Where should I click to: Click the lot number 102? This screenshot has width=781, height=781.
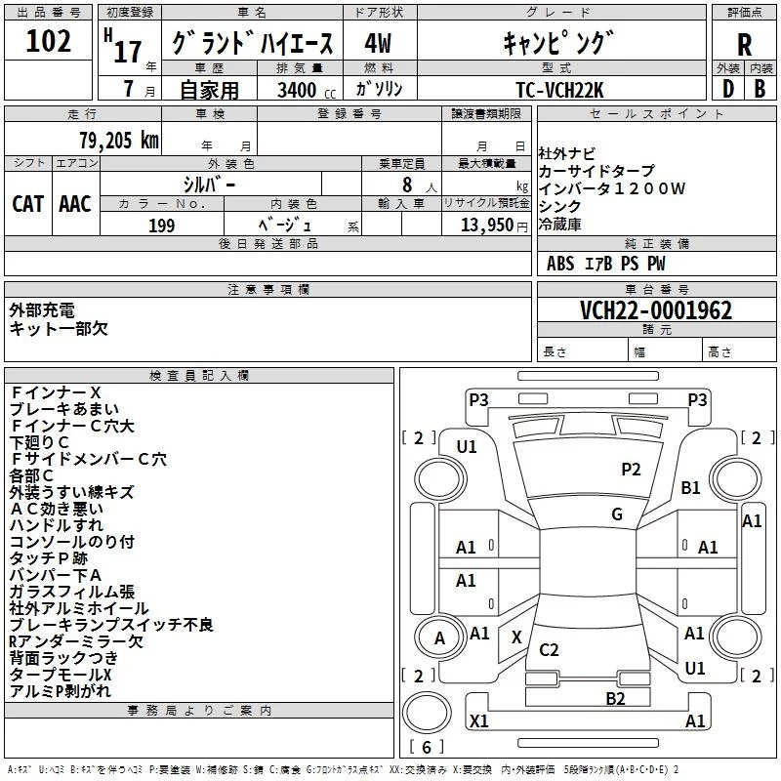point(48,41)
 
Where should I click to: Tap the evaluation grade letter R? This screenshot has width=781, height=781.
point(744,45)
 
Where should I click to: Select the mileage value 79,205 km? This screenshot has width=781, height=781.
point(119,141)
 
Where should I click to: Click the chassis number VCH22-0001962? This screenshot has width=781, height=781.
point(656,310)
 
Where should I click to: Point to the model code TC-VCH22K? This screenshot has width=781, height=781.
point(559,90)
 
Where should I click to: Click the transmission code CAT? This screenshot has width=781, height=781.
point(28,204)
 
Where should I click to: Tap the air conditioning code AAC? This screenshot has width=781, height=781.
point(75,204)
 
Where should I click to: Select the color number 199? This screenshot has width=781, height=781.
point(161,226)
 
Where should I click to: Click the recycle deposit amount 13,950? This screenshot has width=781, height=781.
point(486,226)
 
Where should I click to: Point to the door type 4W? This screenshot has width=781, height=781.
point(378,43)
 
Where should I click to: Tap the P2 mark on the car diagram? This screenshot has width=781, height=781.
point(631,470)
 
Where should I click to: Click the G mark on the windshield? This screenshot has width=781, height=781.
point(617,514)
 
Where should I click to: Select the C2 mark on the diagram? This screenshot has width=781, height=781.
point(549,649)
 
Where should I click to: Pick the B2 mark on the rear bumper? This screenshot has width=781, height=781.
point(615,698)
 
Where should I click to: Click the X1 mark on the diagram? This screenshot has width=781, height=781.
point(479,720)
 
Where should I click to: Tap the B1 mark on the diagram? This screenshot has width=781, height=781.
point(691,487)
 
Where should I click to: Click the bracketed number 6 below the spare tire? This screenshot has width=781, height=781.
point(427,747)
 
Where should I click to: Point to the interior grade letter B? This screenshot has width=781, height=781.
point(760,89)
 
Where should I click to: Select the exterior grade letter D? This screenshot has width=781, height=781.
point(728,89)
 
